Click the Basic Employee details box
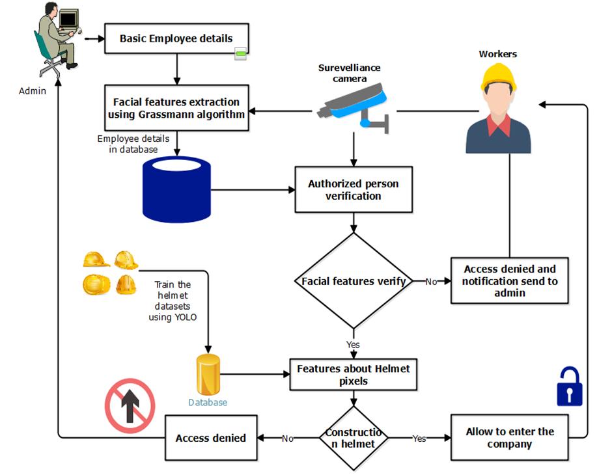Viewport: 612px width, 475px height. click(176, 38)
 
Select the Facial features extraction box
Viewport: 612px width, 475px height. click(176, 109)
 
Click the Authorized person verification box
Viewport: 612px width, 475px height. click(353, 190)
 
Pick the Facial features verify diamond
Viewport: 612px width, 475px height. click(354, 282)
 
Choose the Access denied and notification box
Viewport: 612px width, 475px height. click(510, 281)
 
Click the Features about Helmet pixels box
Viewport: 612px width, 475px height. click(354, 375)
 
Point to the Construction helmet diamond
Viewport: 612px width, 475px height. click(354, 438)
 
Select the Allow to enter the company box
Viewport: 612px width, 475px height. click(510, 438)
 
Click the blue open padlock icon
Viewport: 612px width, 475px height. click(569, 387)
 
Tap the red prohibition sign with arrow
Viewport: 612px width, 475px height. click(130, 405)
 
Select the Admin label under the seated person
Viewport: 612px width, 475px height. click(33, 91)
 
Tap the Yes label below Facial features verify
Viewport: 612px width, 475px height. click(353, 344)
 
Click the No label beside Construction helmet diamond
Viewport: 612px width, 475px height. click(288, 439)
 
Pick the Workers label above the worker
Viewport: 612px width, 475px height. click(497, 54)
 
